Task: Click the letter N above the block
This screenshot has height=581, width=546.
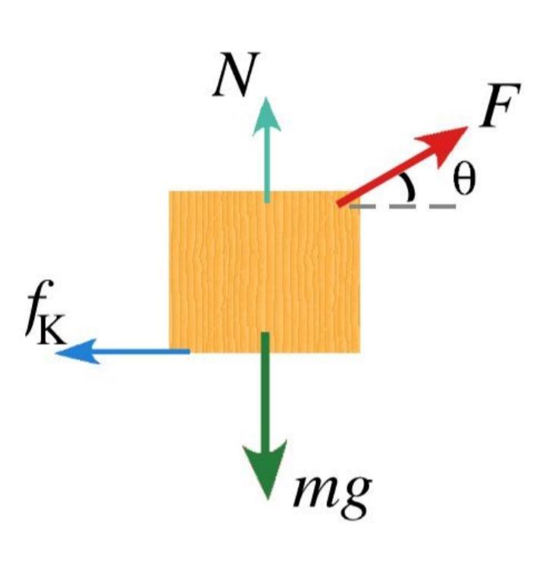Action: point(237,74)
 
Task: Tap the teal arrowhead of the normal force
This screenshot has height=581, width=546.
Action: point(266,117)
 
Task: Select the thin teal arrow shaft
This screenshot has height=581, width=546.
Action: point(267,169)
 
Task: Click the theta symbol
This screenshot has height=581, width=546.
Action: point(463,180)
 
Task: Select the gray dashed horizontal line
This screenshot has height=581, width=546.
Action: point(403,206)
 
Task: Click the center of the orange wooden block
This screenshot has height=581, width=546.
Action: point(265,272)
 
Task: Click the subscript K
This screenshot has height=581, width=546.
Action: point(52,330)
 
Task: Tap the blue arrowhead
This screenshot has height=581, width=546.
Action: point(78,351)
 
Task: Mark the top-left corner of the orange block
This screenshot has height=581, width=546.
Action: point(169,191)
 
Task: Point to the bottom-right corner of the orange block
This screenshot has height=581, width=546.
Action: point(359,353)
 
